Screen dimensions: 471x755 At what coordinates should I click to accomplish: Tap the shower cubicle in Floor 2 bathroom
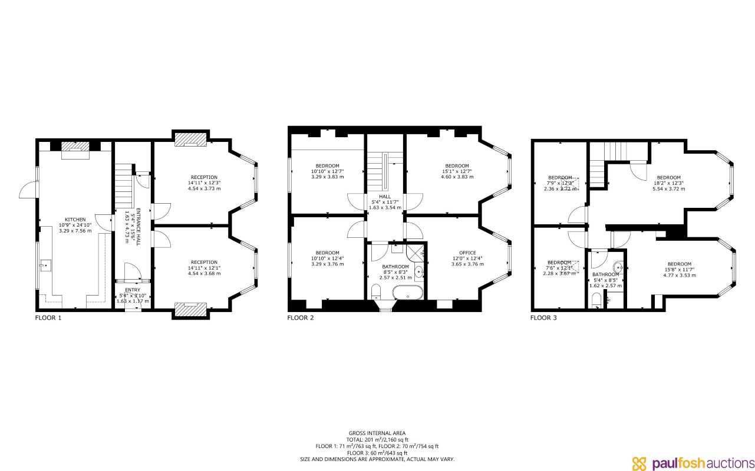(416, 252)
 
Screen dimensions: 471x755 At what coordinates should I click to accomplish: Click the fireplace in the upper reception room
(190, 139)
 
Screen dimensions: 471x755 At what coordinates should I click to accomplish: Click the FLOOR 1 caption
(48, 318)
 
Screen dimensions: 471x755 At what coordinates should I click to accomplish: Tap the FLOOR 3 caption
(543, 318)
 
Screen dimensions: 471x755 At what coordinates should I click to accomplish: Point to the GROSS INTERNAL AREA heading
(377, 433)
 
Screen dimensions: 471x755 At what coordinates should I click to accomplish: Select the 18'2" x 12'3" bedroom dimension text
(669, 184)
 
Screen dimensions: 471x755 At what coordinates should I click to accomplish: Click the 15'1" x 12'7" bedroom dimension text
(457, 171)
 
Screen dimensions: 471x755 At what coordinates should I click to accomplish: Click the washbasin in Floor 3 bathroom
(616, 264)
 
